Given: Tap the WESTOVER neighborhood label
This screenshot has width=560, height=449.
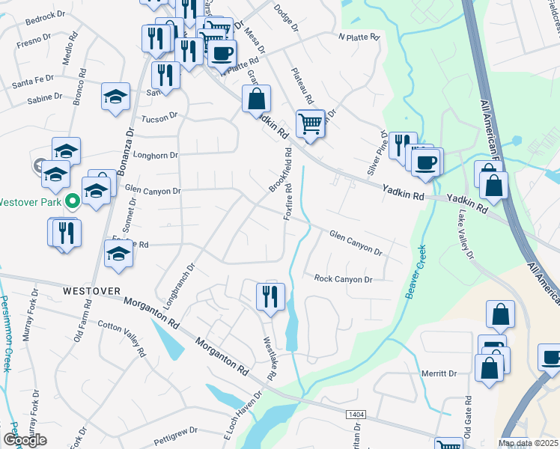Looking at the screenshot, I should pos(91,290).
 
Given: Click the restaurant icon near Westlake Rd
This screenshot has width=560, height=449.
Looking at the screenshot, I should pos(270,296).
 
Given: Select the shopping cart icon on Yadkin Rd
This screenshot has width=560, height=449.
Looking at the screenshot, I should pos(310,123).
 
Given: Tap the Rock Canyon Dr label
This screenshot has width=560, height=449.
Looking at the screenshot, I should pos(343,279).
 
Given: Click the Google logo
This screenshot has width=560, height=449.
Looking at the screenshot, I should pos(25,439).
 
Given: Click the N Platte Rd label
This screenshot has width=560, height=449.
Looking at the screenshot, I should pos(359,36).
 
